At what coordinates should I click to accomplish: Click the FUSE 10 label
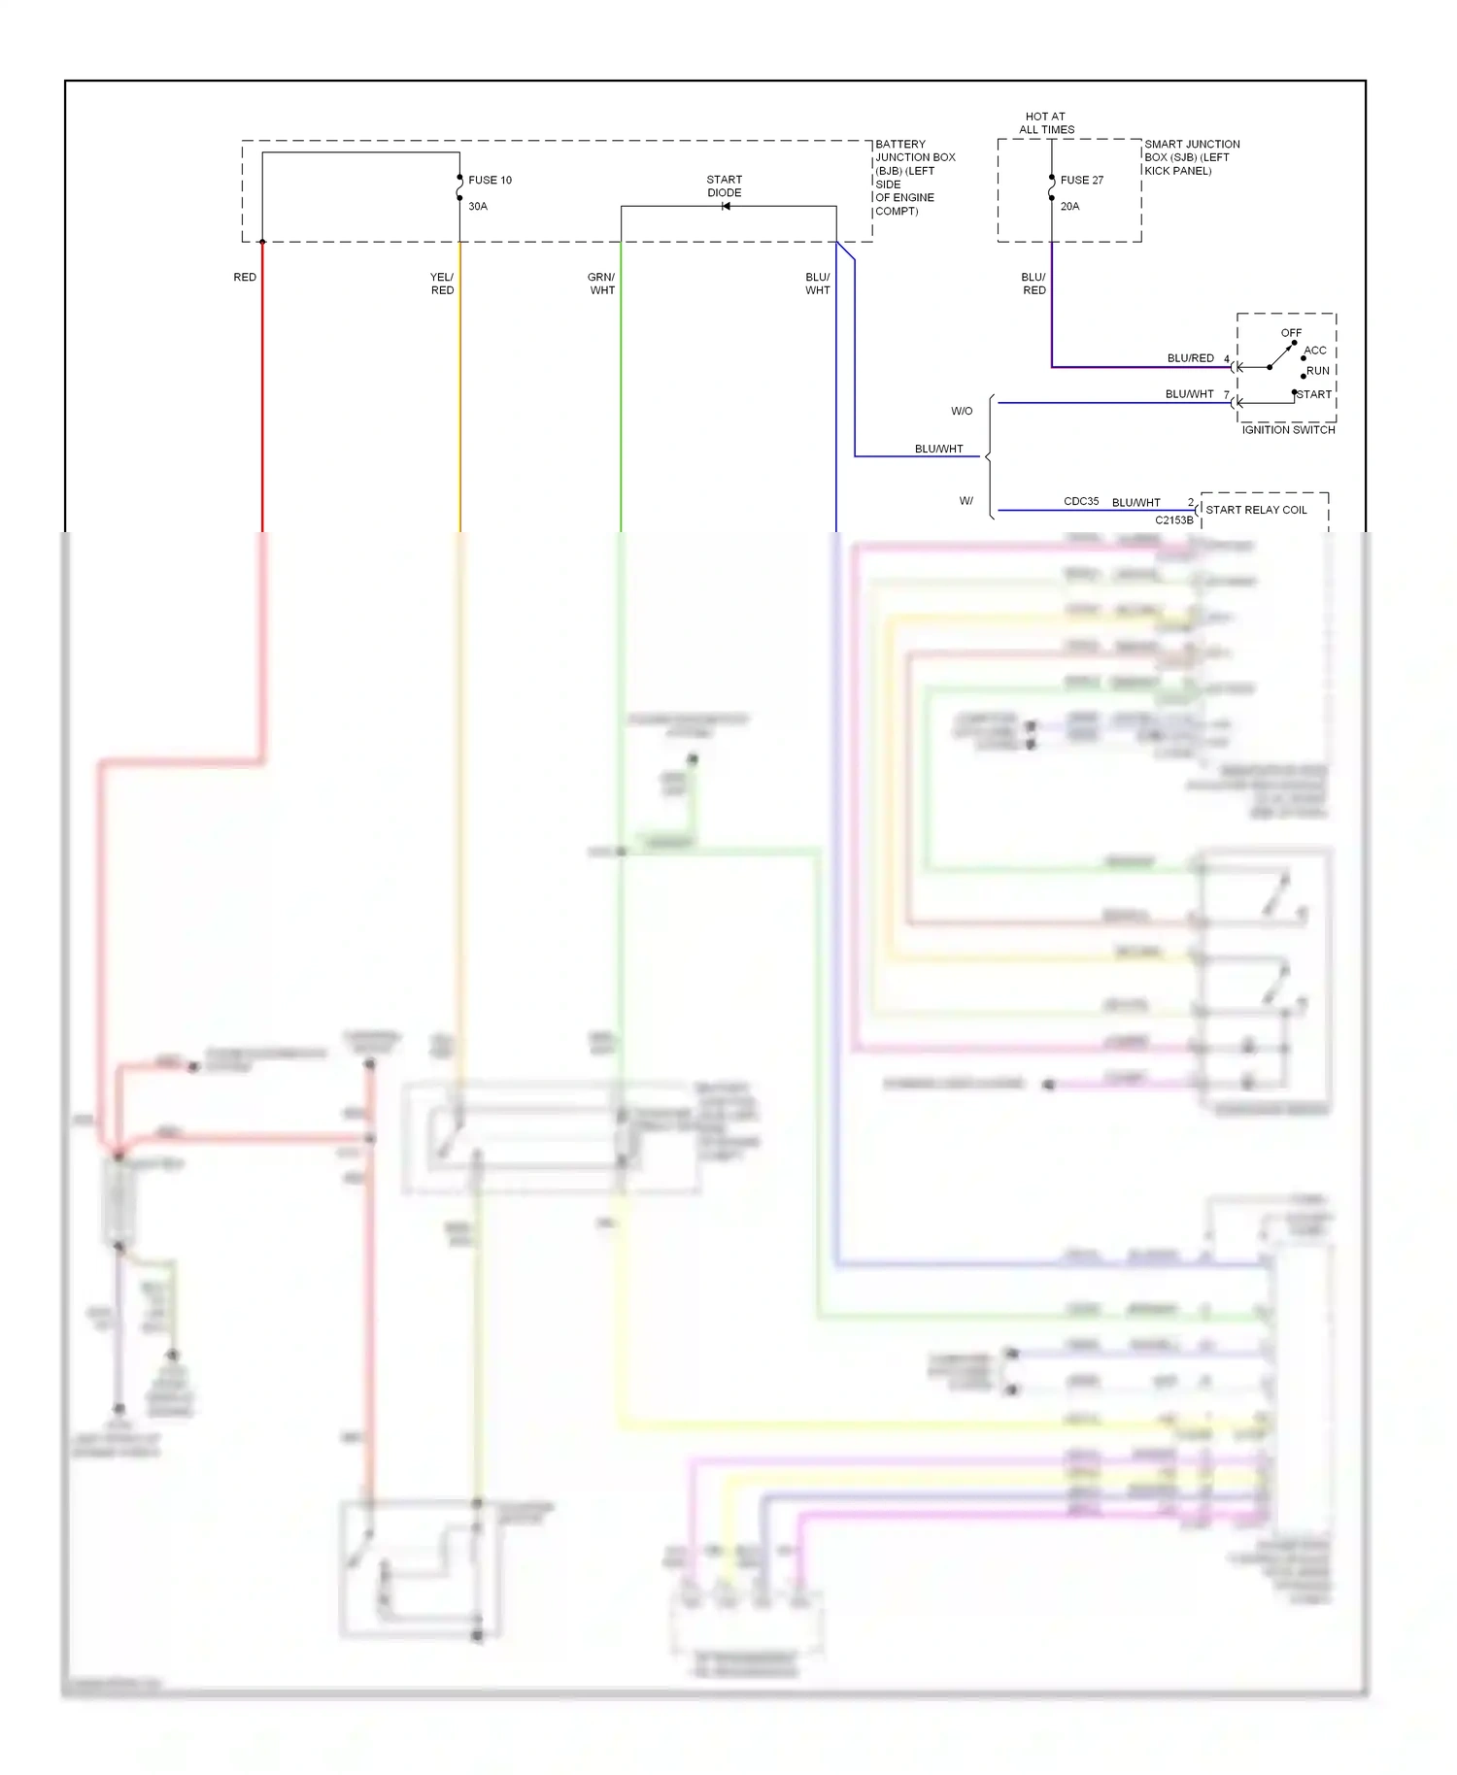click(490, 180)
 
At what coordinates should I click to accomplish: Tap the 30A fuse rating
click(478, 206)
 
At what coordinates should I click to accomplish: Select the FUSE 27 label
click(1081, 180)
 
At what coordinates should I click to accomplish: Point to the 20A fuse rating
click(1069, 206)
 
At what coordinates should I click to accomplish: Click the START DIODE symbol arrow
click(726, 206)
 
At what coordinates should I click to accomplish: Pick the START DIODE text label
click(724, 185)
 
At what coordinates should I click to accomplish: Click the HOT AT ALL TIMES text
click(1046, 122)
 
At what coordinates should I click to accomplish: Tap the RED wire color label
click(245, 277)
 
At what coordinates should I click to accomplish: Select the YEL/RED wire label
click(442, 284)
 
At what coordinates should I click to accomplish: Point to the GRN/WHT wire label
click(601, 284)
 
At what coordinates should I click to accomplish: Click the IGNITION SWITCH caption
click(1288, 429)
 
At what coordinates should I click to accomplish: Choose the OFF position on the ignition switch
click(1291, 332)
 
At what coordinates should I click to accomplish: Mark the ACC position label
click(1315, 351)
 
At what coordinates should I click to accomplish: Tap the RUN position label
click(1318, 371)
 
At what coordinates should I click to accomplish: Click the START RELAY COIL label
click(1256, 510)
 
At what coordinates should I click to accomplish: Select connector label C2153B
click(1173, 520)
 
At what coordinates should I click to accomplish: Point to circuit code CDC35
click(1081, 501)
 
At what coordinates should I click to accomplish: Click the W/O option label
click(962, 411)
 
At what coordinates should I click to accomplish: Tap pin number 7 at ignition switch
click(1226, 394)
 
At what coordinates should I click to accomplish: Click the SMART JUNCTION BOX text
click(1191, 156)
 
